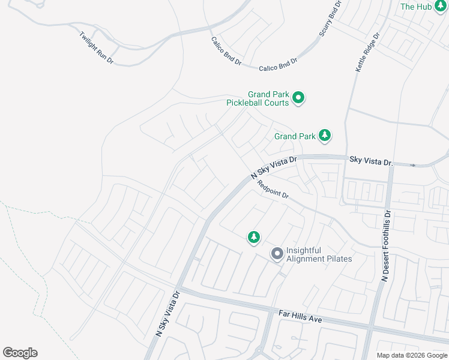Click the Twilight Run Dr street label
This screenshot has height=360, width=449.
[x=96, y=46]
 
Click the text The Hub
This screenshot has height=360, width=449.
[x=416, y=7]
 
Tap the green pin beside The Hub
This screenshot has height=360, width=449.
[x=441, y=5]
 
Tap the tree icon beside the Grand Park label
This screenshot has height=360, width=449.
[x=325, y=136]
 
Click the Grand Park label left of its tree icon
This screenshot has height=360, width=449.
[x=295, y=136]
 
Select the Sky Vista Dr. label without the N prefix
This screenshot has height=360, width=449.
[x=371, y=161]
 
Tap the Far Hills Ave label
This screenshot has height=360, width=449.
[x=301, y=316]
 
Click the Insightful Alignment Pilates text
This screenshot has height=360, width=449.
[x=319, y=254]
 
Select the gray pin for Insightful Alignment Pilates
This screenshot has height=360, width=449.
[x=277, y=254]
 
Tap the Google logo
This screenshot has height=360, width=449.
[x=20, y=353]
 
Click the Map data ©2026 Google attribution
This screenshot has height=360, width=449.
[x=412, y=355]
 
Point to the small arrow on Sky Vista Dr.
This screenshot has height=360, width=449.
[x=412, y=165]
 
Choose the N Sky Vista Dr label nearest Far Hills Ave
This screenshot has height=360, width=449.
[x=167, y=313]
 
